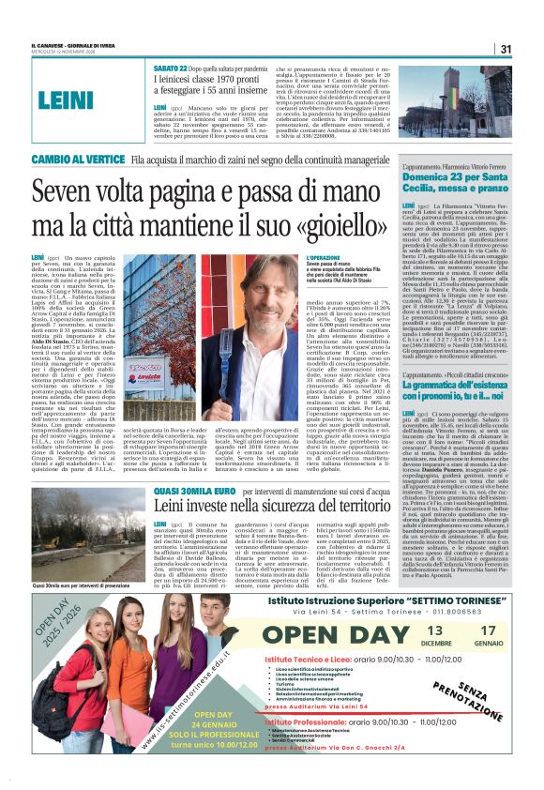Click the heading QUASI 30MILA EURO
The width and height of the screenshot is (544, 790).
(x=192, y=491)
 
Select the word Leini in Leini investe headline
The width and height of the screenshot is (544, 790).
(x=175, y=506)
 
